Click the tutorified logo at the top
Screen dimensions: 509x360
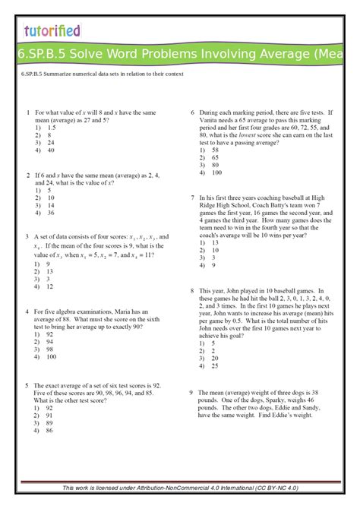[x=52, y=30]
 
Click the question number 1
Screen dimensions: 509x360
[x=27, y=112]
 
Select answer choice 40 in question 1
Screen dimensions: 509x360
[x=50, y=150]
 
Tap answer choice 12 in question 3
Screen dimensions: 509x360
[x=50, y=287]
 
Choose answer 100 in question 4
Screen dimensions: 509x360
[x=52, y=356]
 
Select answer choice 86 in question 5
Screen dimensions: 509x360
[x=50, y=431]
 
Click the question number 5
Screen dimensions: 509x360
[x=27, y=384]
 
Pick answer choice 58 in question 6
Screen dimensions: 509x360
[x=216, y=150]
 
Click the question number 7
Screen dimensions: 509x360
[x=193, y=196]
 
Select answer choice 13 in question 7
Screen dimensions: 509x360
[x=216, y=242]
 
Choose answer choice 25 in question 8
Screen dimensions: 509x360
[x=216, y=366]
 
